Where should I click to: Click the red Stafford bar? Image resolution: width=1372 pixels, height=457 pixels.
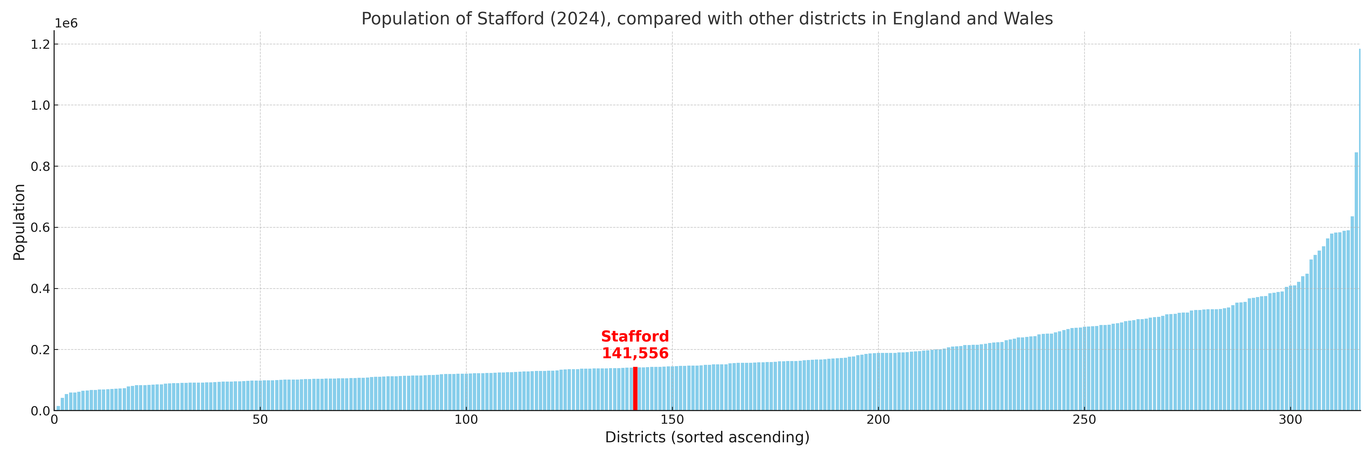[x=635, y=388]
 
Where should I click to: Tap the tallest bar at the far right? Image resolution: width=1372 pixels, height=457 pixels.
[x=1359, y=229]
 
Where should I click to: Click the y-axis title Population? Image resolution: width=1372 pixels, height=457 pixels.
[x=19, y=222]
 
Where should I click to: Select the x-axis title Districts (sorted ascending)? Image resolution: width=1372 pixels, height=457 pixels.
[x=707, y=437]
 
